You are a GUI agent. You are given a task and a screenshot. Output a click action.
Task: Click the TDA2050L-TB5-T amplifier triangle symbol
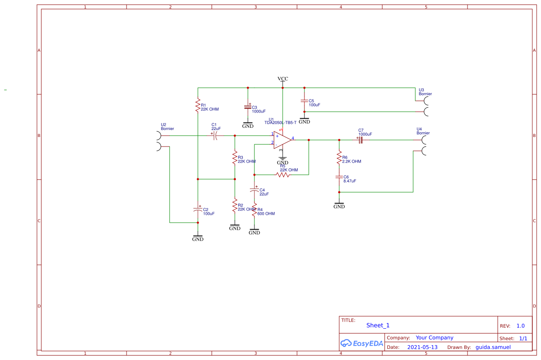pos(282,140)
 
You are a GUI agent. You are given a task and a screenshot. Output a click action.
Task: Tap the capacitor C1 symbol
pos(216,136)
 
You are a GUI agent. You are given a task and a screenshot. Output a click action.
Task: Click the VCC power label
pos(283,79)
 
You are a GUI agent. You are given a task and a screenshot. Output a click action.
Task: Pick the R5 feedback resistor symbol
pos(283,175)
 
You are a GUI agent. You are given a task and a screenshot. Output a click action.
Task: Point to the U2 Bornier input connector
pos(158,141)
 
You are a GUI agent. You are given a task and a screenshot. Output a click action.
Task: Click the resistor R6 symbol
pos(339,158)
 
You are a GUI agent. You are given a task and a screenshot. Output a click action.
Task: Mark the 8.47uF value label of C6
pos(350,181)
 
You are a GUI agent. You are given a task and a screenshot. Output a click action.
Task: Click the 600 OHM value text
pos(266,214)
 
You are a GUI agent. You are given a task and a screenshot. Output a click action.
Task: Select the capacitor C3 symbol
pos(248,107)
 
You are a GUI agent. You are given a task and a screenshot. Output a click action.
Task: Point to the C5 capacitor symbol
pos(304,101)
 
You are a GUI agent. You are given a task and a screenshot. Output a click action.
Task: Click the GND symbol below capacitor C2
pos(198,238)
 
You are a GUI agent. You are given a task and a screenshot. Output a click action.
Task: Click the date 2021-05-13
pos(422,347)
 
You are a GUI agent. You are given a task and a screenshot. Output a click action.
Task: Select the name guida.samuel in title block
pos(493,347)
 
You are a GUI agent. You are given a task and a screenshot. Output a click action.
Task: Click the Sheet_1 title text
pos(378,325)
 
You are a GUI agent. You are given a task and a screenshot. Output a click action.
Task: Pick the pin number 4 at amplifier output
pos(293,138)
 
